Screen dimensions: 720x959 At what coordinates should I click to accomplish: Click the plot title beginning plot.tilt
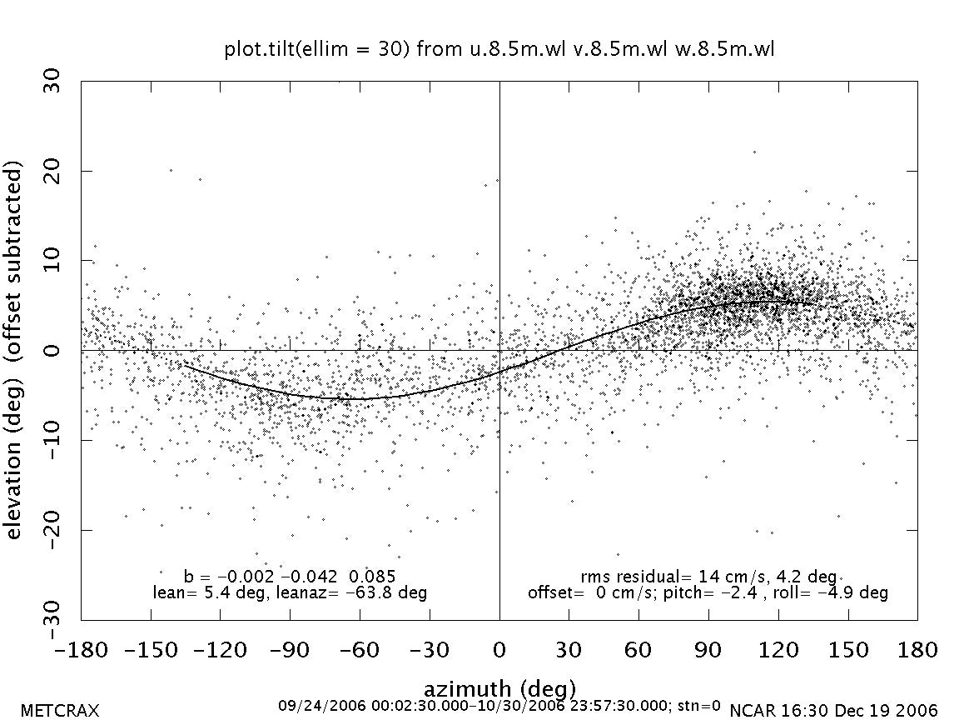coord(499,49)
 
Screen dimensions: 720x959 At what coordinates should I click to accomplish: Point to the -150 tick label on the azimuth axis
coord(151,649)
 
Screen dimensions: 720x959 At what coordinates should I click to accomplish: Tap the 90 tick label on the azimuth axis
coord(708,649)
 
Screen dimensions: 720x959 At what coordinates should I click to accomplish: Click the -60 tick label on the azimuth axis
coord(360,649)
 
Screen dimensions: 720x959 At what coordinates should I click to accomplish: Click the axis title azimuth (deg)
coord(499,689)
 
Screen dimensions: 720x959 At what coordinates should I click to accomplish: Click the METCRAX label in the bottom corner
coord(60,711)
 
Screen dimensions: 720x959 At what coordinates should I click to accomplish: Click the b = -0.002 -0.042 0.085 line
coord(289,577)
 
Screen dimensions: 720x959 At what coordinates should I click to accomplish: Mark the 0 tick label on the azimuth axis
coord(499,649)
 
